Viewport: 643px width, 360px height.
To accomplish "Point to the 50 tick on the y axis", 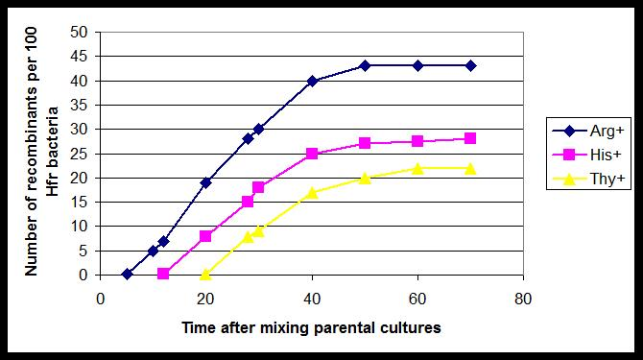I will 82,32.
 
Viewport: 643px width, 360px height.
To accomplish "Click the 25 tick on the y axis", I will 82,154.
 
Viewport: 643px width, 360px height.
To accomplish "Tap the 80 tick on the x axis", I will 523,297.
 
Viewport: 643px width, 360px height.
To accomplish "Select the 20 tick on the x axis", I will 205,297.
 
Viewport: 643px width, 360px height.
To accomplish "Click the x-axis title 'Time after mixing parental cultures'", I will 311,327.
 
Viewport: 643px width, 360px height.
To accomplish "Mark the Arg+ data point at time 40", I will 312,81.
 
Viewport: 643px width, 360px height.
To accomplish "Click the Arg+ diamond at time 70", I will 470,65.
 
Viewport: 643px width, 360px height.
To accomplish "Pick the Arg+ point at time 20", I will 205,182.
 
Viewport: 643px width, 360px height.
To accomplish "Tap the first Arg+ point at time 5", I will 127,274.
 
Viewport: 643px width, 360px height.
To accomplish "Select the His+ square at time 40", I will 312,154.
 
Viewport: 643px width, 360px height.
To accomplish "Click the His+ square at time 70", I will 470,138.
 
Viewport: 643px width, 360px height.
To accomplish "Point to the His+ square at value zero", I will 163,274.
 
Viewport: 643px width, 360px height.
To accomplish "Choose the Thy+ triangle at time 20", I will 205,274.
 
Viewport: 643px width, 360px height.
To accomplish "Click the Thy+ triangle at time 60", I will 417,168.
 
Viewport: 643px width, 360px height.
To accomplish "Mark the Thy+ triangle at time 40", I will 312,192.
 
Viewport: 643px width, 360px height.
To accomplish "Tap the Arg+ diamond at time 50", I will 365,65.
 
